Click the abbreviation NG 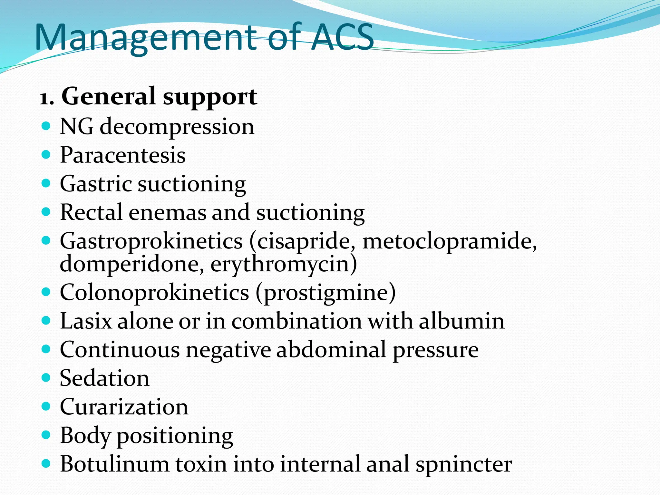[x=77, y=126]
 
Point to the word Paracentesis [x=123, y=155]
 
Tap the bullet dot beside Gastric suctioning [x=46, y=183]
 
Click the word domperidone [x=132, y=264]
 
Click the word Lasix [x=86, y=321]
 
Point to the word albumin [x=461, y=321]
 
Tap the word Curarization [x=124, y=407]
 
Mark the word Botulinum [x=114, y=464]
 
